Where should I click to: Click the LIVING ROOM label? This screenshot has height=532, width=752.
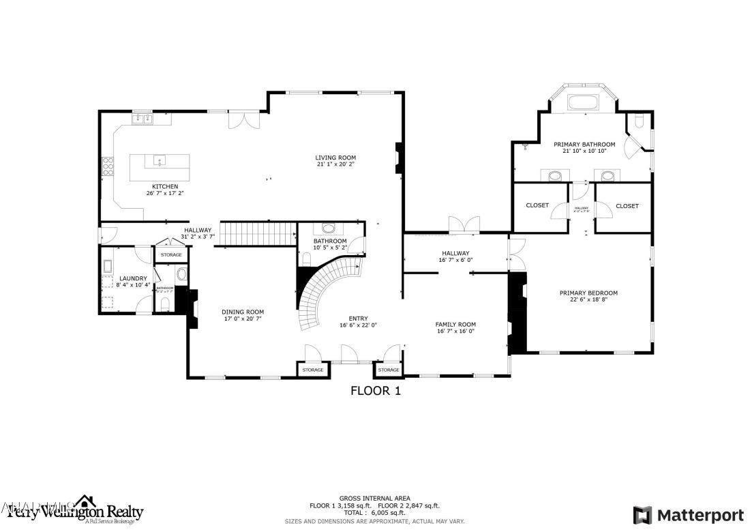tap(335, 157)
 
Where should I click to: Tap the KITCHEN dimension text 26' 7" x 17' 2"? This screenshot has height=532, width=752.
tap(165, 194)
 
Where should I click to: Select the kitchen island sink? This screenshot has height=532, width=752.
tap(160, 162)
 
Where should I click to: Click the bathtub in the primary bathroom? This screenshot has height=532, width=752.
tap(582, 104)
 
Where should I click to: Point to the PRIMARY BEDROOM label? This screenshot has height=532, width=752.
tap(588, 293)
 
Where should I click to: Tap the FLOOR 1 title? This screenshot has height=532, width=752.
tap(375, 391)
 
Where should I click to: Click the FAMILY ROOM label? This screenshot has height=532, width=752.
tap(455, 325)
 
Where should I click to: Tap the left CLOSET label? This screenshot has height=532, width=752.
tap(537, 206)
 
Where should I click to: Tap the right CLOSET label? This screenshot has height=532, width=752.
tap(627, 206)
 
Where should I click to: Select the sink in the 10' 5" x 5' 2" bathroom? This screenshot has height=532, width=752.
tap(329, 229)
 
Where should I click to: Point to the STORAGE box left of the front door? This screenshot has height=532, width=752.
tap(313, 370)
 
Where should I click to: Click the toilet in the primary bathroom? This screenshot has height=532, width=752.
tap(638, 122)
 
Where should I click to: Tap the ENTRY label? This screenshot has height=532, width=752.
tap(358, 319)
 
